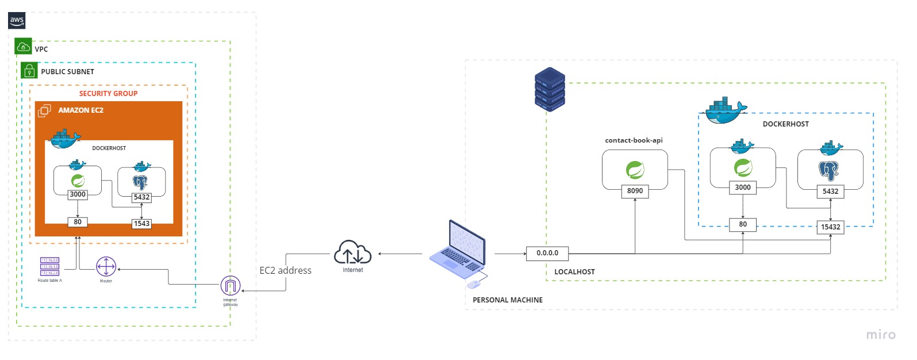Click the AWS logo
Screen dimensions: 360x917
pyautogui.click(x=17, y=21)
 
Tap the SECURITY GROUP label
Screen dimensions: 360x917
pyautogui.click(x=108, y=93)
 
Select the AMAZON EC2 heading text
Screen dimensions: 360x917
pyautogui.click(x=80, y=110)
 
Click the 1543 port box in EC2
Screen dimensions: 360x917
pyautogui.click(x=141, y=224)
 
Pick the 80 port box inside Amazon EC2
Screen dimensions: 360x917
pyautogui.click(x=78, y=222)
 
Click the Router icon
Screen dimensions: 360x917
pyautogui.click(x=106, y=267)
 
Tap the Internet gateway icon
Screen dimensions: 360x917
pyautogui.click(x=231, y=285)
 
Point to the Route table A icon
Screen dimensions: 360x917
pyautogui.click(x=49, y=267)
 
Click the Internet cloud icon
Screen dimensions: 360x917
pyautogui.click(x=352, y=252)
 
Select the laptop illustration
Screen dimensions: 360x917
pyautogui.click(x=458, y=251)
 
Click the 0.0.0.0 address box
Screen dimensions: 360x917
pyautogui.click(x=547, y=253)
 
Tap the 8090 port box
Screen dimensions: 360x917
pyautogui.click(x=635, y=191)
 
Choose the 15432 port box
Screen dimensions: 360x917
pyautogui.click(x=830, y=227)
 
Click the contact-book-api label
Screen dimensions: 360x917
pyautogui.click(x=634, y=140)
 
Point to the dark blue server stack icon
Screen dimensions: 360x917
pyautogui.click(x=550, y=89)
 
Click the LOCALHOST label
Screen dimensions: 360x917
pyautogui.click(x=574, y=271)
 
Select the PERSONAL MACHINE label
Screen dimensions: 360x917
pyautogui.click(x=507, y=300)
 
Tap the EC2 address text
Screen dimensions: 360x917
pyautogui.click(x=285, y=270)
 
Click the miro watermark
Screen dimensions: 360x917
pyautogui.click(x=880, y=335)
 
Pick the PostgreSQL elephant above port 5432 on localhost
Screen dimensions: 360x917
pyautogui.click(x=828, y=170)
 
